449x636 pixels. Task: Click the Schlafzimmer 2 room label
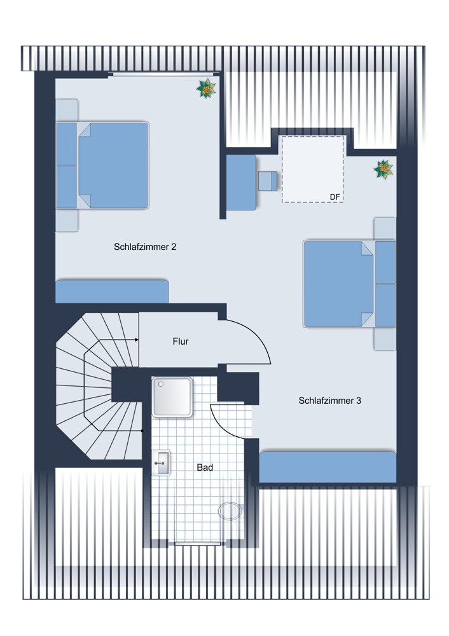tap(145, 247)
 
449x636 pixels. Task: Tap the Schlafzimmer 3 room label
tap(329, 400)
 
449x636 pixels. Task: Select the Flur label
tap(181, 341)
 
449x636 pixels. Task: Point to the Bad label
tap(205, 467)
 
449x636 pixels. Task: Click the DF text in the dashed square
tap(335, 197)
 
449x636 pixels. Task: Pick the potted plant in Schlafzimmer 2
tap(206, 88)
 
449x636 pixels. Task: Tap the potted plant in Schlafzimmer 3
tap(383, 169)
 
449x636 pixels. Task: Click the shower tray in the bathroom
tap(172, 397)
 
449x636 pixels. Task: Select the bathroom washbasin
tap(161, 462)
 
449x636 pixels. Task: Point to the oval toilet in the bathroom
tap(230, 511)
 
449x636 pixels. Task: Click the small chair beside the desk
tap(268, 181)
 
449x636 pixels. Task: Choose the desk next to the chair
tap(241, 183)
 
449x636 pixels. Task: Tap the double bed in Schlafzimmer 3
tap(350, 284)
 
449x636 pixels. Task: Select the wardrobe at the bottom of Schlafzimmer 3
tap(328, 467)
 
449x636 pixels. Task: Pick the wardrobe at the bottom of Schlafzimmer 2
tap(112, 291)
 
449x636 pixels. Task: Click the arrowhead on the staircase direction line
tap(137, 340)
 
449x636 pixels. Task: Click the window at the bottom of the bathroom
tap(198, 543)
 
